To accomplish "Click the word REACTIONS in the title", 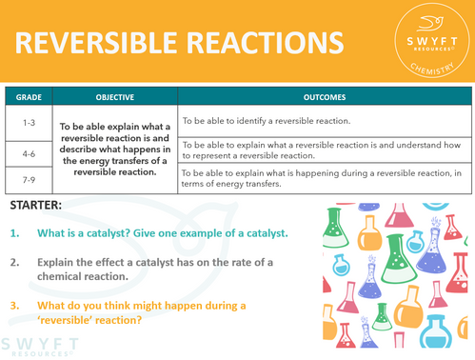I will (261, 43).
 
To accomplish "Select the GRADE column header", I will (27, 97).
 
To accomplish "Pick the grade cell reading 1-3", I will (27, 121).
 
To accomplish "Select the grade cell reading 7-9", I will (27, 178).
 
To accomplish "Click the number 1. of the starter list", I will (16, 234).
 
